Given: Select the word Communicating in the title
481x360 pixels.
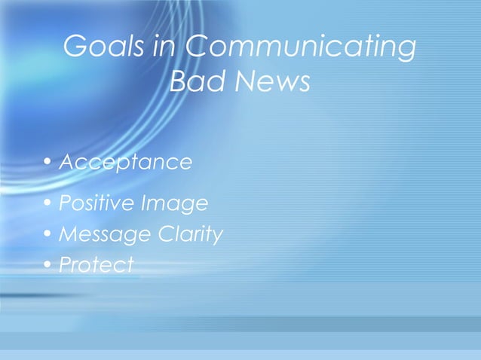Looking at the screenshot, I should [299, 48].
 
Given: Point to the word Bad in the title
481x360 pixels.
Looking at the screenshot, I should [192, 82].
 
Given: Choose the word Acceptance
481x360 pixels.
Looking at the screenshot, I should [125, 163].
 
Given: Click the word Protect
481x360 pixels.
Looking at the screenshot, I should [96, 265].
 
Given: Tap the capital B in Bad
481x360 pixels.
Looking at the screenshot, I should [178, 82].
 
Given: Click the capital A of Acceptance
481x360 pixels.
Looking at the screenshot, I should [66, 162].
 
